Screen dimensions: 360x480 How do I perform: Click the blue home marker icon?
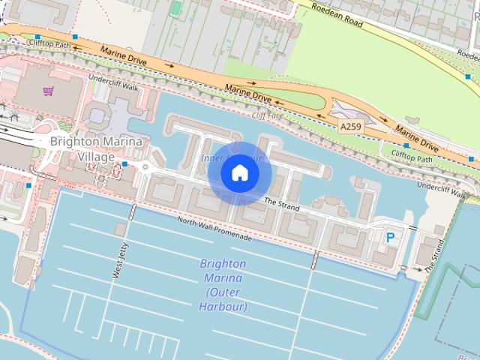click(240, 173)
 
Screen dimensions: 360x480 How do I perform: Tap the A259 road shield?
click(350, 127)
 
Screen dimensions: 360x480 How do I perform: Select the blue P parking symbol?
click(390, 237)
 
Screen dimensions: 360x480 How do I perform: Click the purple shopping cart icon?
click(48, 91)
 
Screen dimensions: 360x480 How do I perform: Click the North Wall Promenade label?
click(214, 227)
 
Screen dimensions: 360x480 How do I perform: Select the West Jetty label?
click(120, 261)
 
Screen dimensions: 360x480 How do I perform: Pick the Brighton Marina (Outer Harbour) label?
click(223, 285)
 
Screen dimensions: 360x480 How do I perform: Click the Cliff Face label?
click(267, 115)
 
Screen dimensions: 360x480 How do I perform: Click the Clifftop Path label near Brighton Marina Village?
click(48, 44)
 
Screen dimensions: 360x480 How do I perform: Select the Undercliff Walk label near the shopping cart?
click(113, 83)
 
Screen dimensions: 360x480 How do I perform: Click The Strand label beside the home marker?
click(282, 203)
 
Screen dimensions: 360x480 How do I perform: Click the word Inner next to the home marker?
click(212, 158)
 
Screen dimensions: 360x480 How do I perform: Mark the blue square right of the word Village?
click(125, 163)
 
